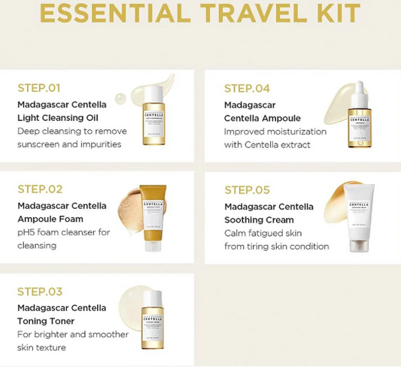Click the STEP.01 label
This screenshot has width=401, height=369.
pos(40,87)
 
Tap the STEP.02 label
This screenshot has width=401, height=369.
pos(40,189)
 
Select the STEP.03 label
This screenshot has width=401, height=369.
pos(40,291)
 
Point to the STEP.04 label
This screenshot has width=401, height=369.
pos(247,88)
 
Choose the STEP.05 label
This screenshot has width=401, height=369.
pos(247,189)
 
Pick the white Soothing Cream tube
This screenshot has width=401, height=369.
pos(360,220)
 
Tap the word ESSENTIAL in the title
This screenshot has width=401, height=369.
pos(105,13)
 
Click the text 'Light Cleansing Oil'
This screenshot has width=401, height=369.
pos(58,117)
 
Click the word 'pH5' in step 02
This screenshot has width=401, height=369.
pos(26,232)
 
